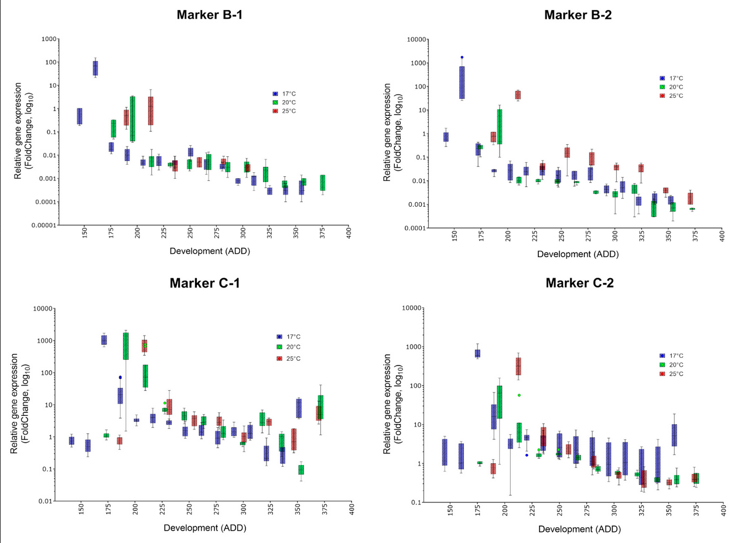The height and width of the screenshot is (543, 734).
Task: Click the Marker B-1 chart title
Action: tap(210, 15)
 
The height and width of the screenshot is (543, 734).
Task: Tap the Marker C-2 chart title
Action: tap(579, 284)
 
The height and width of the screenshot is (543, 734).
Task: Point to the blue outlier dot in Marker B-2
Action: tap(462, 57)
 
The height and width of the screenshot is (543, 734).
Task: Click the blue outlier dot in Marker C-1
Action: tap(120, 378)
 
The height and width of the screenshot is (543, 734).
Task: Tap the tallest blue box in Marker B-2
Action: tap(462, 83)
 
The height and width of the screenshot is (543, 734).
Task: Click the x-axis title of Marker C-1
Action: tap(205, 527)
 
